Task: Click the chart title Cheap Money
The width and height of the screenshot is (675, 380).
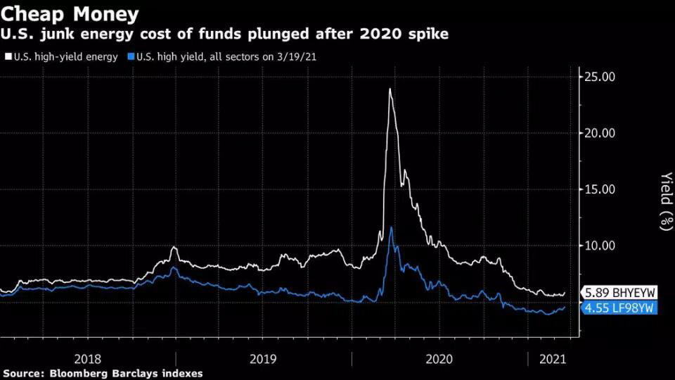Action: [x=70, y=14]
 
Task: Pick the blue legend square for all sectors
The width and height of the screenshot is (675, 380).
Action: [x=131, y=57]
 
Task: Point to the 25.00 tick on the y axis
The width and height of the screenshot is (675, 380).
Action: [x=600, y=77]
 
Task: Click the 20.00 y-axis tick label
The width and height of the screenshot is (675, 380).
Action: [x=600, y=133]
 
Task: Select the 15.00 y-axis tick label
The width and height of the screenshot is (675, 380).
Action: [x=600, y=189]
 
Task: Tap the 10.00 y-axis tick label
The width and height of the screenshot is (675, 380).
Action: [x=600, y=246]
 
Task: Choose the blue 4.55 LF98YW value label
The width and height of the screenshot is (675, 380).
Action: [x=618, y=308]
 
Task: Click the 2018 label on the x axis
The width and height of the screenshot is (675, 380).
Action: [x=88, y=358]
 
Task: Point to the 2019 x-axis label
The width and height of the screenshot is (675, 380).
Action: [x=264, y=358]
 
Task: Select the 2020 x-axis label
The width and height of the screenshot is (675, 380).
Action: [x=439, y=358]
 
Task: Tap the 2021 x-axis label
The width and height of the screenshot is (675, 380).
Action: [x=552, y=358]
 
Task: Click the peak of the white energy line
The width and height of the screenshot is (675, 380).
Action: [x=390, y=89]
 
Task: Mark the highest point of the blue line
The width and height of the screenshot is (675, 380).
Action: [x=391, y=227]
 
